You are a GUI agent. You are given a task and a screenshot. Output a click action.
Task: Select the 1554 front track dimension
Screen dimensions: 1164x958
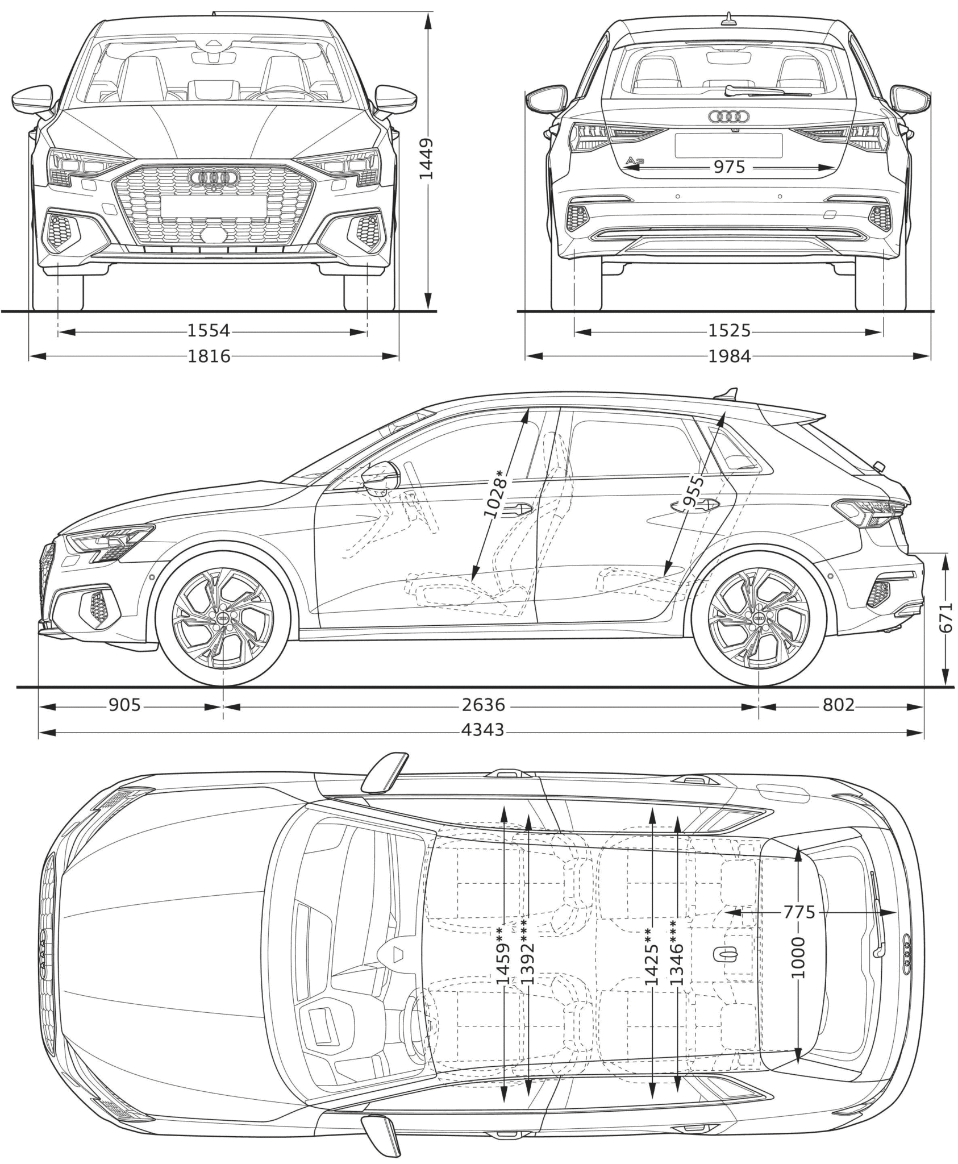coord(209,330)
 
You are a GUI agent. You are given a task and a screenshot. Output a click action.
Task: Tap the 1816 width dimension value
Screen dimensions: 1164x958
coord(209,356)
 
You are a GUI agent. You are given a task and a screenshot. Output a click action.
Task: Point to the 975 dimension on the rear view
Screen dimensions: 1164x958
coord(729,167)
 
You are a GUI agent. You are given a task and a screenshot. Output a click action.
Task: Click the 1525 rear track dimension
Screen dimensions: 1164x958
coord(729,330)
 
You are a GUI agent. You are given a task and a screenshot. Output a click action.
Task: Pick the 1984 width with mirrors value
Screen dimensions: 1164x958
coord(729,356)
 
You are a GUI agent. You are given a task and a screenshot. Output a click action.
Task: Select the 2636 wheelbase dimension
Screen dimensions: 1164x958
coord(484,705)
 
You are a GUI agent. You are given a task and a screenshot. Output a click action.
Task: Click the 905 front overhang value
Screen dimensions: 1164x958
coord(124,705)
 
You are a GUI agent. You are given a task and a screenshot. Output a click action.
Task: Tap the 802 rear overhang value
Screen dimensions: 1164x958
coord(839,705)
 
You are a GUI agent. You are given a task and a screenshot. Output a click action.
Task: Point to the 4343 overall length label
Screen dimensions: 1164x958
coord(484,730)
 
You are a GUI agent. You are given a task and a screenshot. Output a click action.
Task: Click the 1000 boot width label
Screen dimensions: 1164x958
coord(798,958)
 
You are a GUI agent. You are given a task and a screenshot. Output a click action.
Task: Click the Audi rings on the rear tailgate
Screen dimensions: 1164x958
coord(728,117)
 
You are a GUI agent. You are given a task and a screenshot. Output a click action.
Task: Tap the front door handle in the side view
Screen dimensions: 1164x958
coord(517,508)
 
